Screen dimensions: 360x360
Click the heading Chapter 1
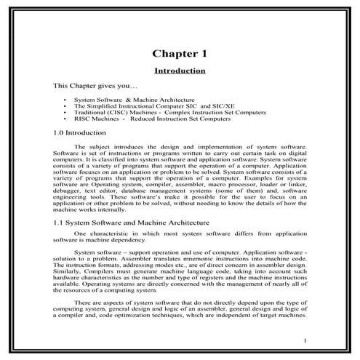point(180,53)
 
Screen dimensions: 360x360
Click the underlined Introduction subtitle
point(180,71)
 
